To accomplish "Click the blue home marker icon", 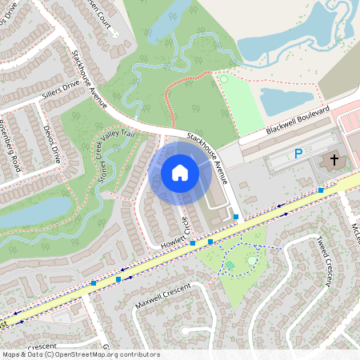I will tap(180, 172).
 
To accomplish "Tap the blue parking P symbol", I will tap(298, 154).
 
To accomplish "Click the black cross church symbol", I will tap(330, 161).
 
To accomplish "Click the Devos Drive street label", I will tap(51, 143).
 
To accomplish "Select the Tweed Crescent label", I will tap(324, 261).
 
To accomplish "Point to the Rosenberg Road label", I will tap(10, 143).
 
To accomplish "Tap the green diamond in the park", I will tap(230, 265).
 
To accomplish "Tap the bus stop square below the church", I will tap(320, 190).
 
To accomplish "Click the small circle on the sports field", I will tap(224, 79).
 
